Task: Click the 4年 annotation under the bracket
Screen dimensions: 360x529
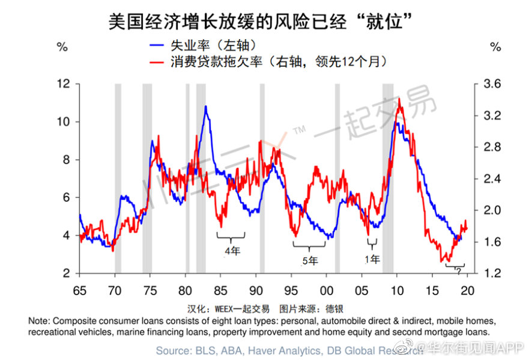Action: coord(232,251)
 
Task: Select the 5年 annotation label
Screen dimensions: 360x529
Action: coord(310,261)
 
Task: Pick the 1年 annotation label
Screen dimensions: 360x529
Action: coord(372,260)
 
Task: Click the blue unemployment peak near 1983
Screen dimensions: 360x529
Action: coord(205,107)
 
